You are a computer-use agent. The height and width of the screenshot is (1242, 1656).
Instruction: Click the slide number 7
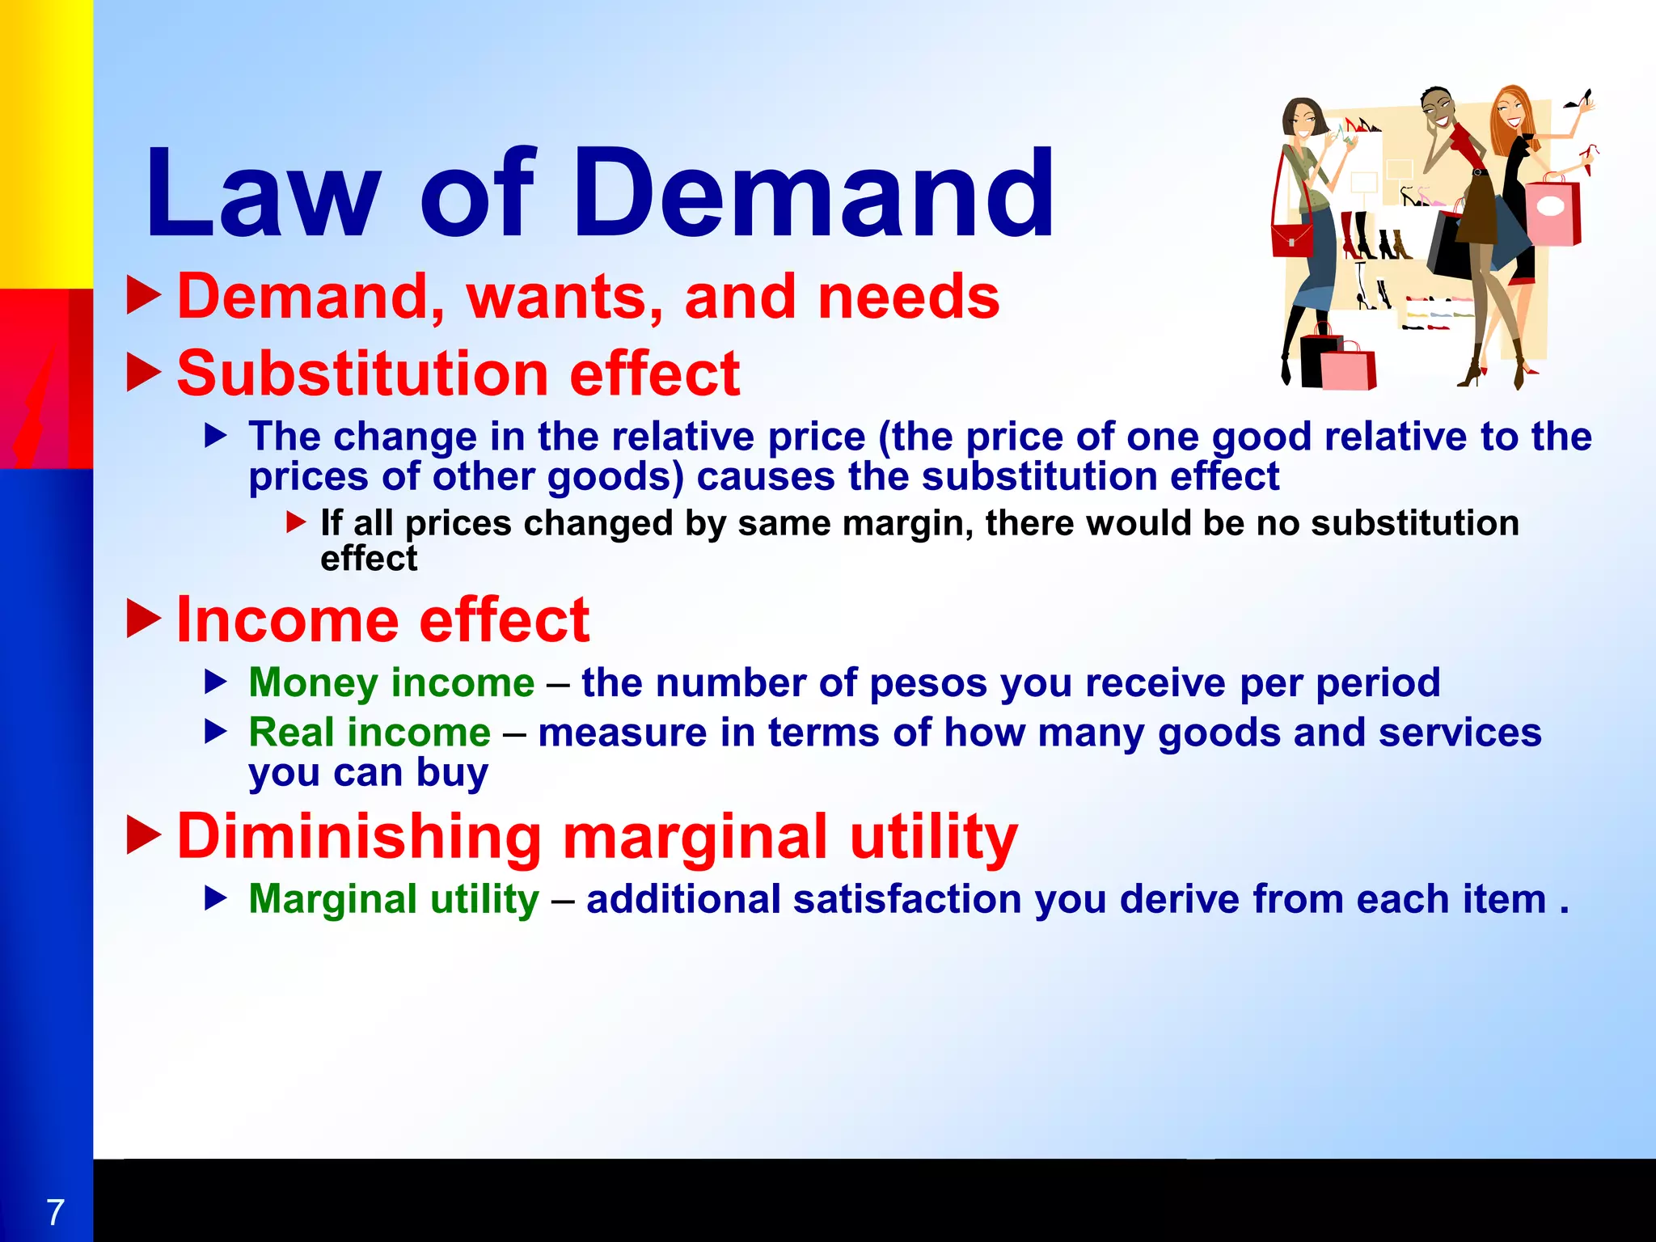(x=55, y=1212)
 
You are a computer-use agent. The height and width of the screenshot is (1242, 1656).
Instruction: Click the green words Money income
(x=391, y=682)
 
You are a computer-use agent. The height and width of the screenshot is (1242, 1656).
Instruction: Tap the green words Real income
(x=370, y=733)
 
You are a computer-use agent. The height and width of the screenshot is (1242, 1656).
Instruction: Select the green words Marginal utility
(x=394, y=899)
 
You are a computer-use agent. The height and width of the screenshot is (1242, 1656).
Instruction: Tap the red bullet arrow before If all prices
(x=296, y=522)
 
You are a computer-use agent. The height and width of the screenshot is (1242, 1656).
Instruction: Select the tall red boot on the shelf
(x=1349, y=234)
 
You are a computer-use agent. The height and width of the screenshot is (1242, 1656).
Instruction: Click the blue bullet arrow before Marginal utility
(x=216, y=898)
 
